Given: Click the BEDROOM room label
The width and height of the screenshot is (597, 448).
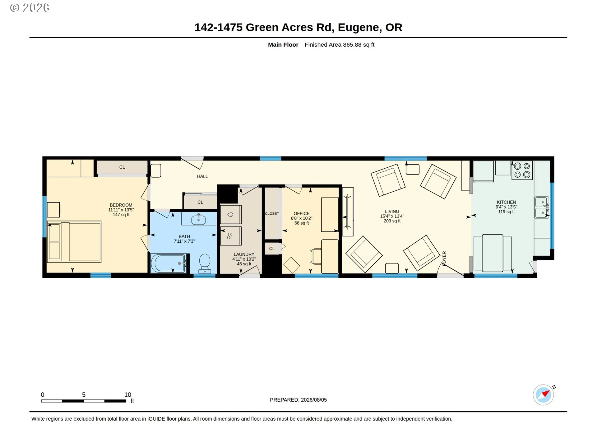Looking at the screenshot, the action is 121,205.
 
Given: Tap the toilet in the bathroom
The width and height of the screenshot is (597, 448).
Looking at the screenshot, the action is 205,263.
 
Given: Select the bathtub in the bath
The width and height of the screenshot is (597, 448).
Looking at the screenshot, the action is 169,263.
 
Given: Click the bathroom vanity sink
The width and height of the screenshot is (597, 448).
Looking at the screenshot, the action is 198,219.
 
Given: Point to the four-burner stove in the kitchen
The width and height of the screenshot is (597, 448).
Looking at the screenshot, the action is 522,170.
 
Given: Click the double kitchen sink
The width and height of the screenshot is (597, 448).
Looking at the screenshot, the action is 542,207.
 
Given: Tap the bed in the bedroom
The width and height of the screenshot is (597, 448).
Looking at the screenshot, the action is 74,242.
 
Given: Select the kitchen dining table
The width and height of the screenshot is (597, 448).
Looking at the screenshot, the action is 493,253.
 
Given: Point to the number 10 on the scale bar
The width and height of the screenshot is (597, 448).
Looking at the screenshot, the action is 128,394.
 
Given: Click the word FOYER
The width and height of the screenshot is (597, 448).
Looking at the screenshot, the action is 444,259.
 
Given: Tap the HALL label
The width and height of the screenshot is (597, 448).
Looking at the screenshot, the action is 202,176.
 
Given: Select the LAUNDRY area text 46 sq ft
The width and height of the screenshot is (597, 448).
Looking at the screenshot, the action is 244,264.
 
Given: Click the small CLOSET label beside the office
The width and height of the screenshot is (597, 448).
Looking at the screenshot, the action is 272,213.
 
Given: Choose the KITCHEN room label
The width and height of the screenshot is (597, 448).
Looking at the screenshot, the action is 506,202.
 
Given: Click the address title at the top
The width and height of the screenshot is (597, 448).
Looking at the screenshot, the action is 298,27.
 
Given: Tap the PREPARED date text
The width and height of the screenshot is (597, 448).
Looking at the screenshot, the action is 298,400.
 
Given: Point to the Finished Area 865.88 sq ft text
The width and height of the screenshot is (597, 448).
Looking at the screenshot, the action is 340,44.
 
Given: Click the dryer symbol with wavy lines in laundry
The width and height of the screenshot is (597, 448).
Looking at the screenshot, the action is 231,236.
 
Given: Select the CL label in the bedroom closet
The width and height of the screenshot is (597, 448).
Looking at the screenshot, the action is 122,167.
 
